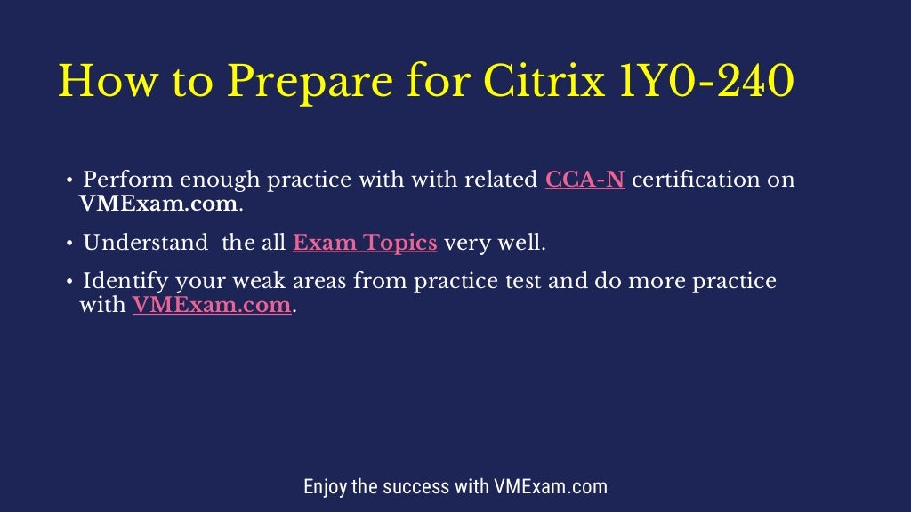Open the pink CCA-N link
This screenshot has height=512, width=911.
coord(584,180)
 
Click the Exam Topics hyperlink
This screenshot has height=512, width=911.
coord(365,243)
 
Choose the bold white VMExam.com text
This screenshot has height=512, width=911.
coord(158,203)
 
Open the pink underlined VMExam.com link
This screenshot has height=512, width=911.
coord(212,306)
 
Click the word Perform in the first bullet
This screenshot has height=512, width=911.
coord(128,180)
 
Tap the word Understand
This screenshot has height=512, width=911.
coord(145,243)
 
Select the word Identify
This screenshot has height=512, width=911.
coord(127,282)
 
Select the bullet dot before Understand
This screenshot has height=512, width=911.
coord(69,244)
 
